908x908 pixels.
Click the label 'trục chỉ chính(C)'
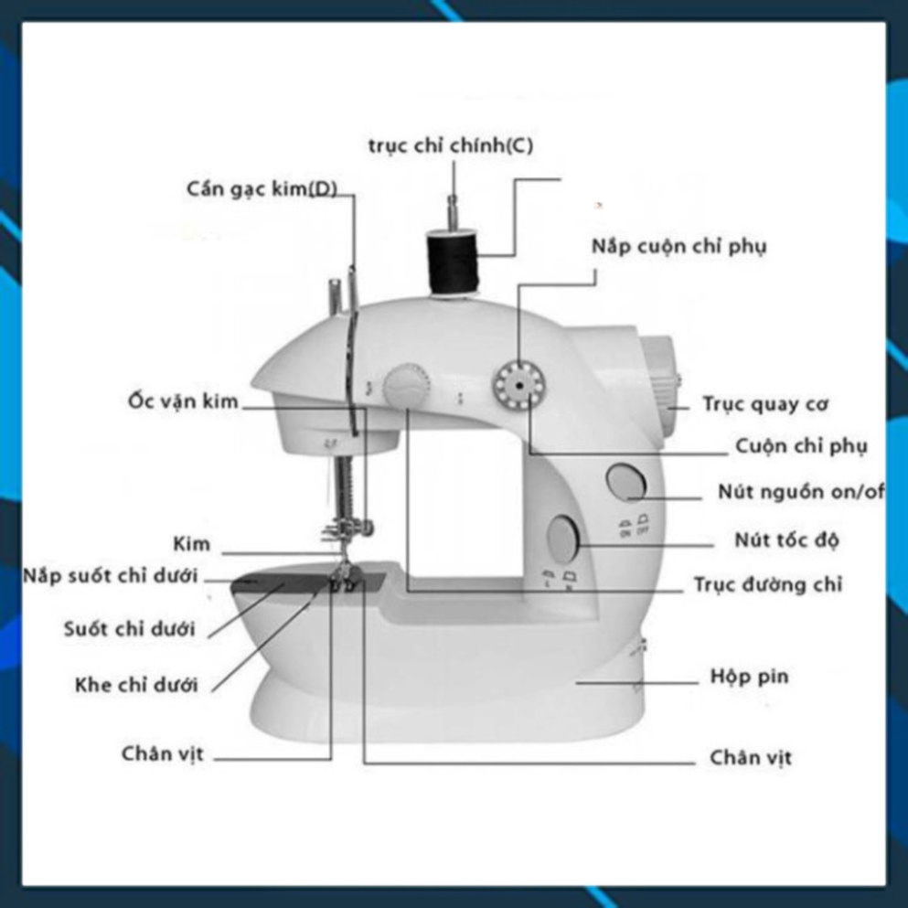pyautogui.click(x=451, y=146)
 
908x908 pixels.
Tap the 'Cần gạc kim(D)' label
pyautogui.click(x=262, y=189)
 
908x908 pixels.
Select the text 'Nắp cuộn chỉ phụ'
pyautogui.click(x=678, y=247)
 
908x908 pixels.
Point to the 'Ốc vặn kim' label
pyautogui.click(x=183, y=401)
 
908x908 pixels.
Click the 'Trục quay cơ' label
pyautogui.click(x=765, y=403)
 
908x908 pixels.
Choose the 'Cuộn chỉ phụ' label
pyautogui.click(x=801, y=446)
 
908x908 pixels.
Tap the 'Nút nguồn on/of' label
pyautogui.click(x=801, y=492)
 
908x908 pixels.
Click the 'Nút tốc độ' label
pyautogui.click(x=786, y=539)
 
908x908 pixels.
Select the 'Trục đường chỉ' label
pyautogui.click(x=768, y=584)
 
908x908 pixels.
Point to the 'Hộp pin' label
pyautogui.click(x=749, y=677)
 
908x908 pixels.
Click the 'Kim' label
pyautogui.click(x=192, y=544)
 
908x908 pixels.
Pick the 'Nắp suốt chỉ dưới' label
pyautogui.click(x=111, y=575)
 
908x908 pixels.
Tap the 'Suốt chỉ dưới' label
pyautogui.click(x=130, y=629)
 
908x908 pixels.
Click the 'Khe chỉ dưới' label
pyautogui.click(x=136, y=685)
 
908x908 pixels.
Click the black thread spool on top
pyautogui.click(x=454, y=262)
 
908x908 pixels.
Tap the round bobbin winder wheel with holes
pyautogui.click(x=519, y=384)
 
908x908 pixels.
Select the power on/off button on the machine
pyautogui.click(x=625, y=481)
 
